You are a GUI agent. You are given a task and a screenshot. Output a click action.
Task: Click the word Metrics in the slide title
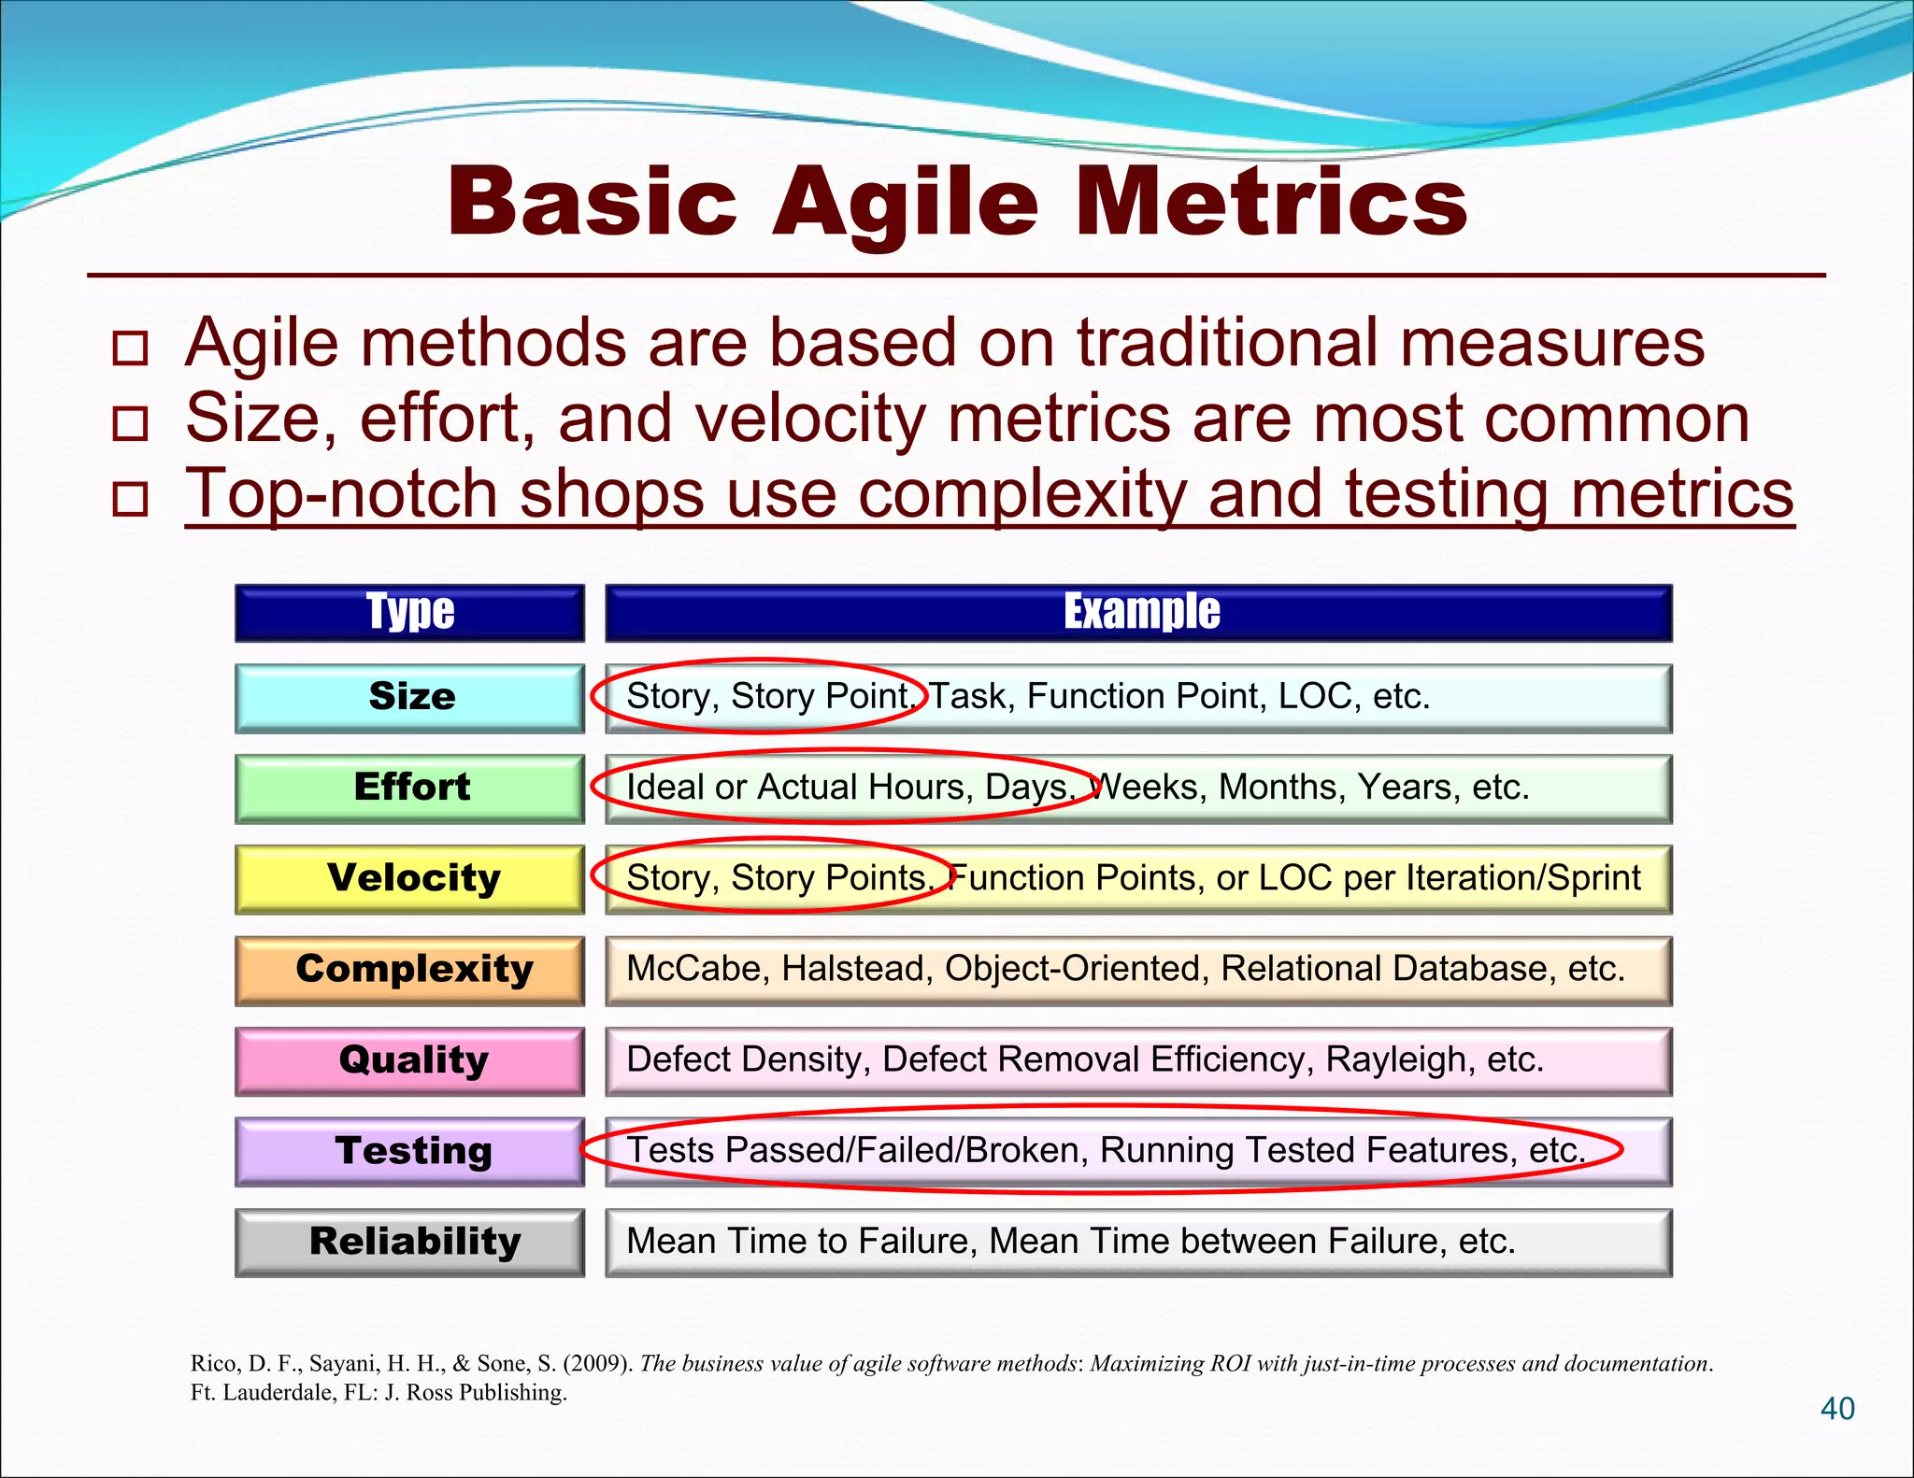click(x=1271, y=202)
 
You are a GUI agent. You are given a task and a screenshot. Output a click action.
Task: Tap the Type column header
click(x=409, y=613)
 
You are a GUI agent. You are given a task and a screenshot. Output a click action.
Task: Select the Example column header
click(x=1139, y=613)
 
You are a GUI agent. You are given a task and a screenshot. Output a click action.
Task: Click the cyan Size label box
click(x=409, y=697)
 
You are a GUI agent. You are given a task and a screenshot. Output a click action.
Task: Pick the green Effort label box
click(x=409, y=788)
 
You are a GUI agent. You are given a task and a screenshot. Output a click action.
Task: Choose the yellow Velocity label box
click(x=409, y=878)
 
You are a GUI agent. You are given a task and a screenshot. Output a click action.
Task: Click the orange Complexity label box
click(x=409, y=970)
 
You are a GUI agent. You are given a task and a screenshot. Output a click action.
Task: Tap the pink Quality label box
click(x=409, y=1060)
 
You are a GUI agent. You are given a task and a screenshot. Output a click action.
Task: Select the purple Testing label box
click(x=409, y=1151)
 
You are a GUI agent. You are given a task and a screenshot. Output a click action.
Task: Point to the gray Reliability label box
click(x=409, y=1242)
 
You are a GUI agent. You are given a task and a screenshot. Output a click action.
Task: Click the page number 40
click(x=1837, y=1408)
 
